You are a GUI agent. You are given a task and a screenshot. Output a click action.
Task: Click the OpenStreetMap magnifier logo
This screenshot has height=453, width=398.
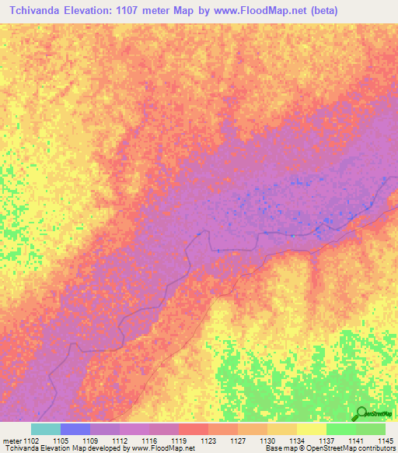pyautogui.click(x=361, y=414)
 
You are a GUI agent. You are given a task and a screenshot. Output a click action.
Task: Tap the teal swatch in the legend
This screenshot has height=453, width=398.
pyautogui.click(x=46, y=429)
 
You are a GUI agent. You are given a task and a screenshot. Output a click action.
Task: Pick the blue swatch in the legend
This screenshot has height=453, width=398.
pyautogui.click(x=75, y=429)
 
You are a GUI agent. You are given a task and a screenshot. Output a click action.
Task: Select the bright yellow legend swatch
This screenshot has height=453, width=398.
pyautogui.click(x=312, y=429)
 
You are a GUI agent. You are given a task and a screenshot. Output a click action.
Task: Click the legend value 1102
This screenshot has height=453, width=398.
pyautogui.click(x=31, y=440)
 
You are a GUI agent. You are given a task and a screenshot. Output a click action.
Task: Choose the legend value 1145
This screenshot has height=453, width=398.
pyautogui.click(x=386, y=440)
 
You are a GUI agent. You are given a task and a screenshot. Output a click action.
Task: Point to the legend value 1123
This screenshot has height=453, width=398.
pyautogui.click(x=208, y=440)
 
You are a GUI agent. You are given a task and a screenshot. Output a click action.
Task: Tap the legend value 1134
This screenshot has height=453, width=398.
pyautogui.click(x=297, y=440)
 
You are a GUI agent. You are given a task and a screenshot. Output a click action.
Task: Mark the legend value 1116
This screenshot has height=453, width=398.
pyautogui.click(x=149, y=440)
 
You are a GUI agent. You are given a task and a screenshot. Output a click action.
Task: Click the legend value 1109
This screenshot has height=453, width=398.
pyautogui.click(x=90, y=440)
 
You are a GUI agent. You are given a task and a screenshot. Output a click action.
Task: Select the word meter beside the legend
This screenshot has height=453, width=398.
pyautogui.click(x=12, y=440)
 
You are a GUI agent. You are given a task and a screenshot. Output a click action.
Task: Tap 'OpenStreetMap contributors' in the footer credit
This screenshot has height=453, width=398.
pyautogui.click(x=351, y=448)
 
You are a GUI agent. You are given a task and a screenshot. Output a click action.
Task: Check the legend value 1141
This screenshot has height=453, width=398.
pyautogui.click(x=356, y=440)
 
